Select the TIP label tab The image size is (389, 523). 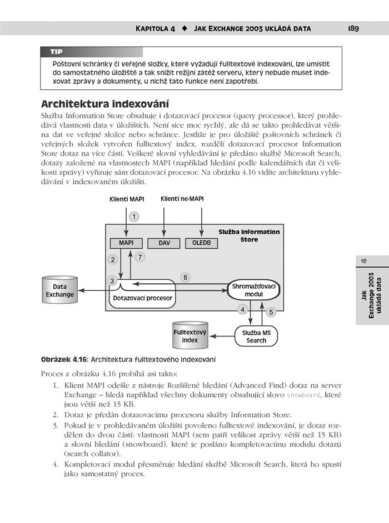(x=57, y=52)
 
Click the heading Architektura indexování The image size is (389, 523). (x=105, y=104)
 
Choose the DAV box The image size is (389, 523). (x=164, y=243)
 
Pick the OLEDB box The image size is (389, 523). (x=202, y=243)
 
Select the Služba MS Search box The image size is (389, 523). (x=256, y=336)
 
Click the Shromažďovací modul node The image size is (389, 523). (x=253, y=289)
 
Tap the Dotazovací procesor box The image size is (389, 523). (x=142, y=298)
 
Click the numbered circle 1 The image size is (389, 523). (x=133, y=216)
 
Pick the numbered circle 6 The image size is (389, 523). (x=186, y=276)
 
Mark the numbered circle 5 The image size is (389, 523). (x=271, y=312)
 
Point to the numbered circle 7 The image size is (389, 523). (x=140, y=257)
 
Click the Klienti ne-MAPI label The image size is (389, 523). (x=182, y=198)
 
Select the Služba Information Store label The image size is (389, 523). (x=249, y=235)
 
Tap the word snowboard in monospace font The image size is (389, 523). (x=303, y=395)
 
